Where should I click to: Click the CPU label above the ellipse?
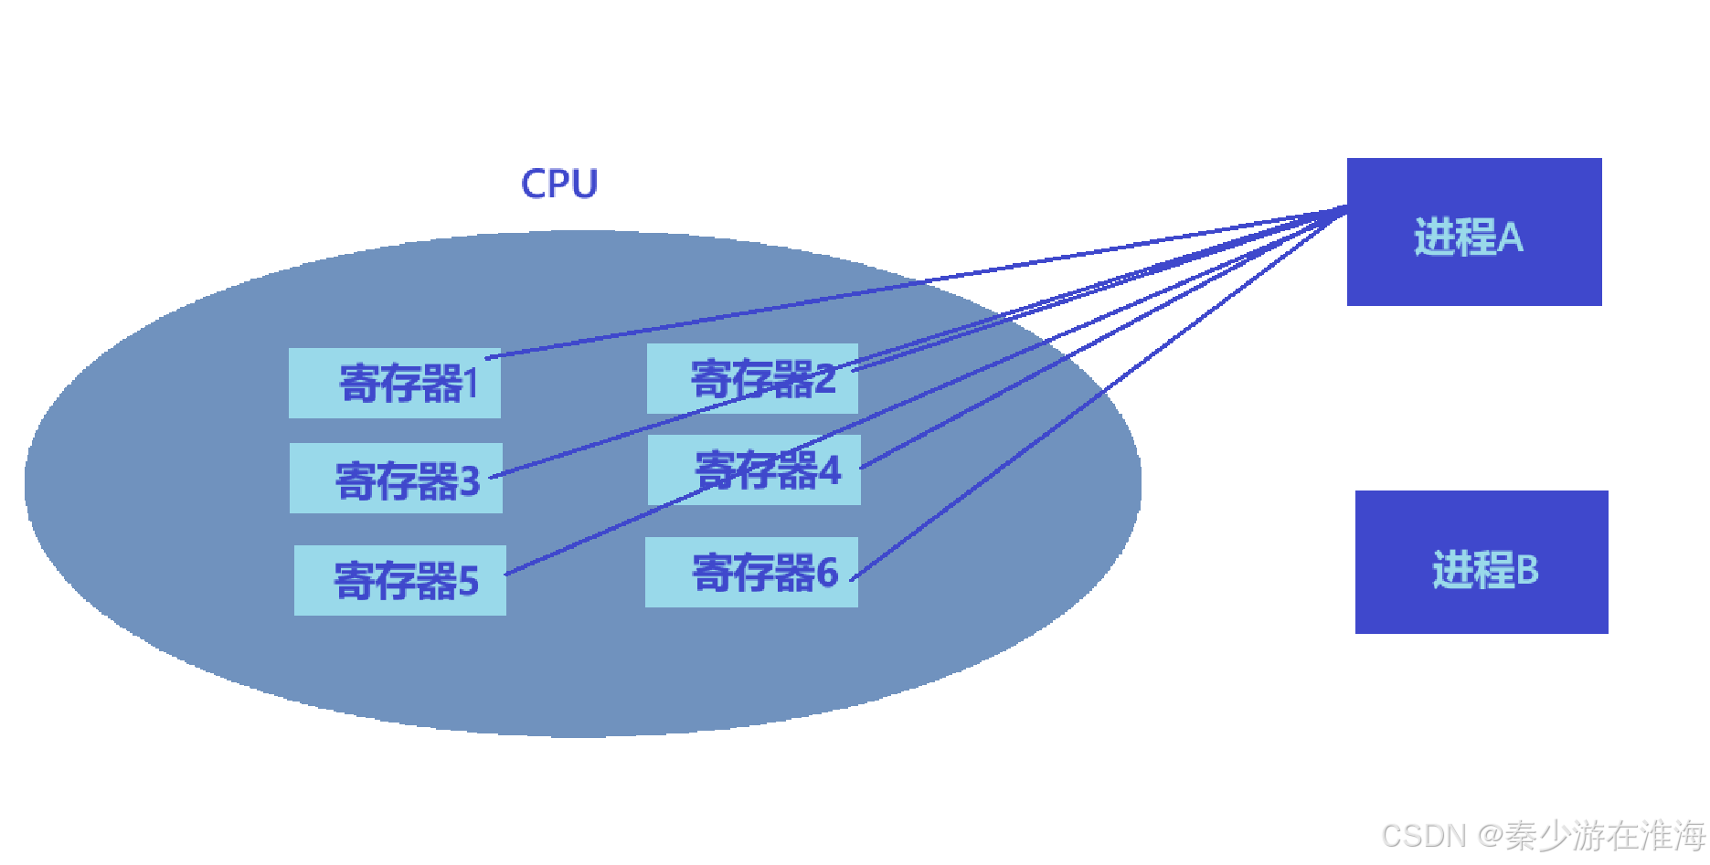point(558,184)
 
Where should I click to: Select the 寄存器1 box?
point(394,384)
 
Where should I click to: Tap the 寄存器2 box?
point(752,379)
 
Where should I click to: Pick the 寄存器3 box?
point(396,479)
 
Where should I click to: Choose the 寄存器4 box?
point(754,470)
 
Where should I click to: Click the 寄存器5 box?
point(399,581)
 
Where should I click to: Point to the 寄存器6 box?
point(751,573)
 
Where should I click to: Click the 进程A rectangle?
point(1473,232)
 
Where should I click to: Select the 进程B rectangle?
point(1481,563)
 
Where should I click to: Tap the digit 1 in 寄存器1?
point(471,384)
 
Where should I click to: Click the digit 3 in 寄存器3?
point(470,480)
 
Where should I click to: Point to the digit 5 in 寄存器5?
point(468,582)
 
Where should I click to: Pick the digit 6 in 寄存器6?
point(827,573)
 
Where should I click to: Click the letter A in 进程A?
point(1511,237)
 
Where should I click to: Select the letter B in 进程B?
point(1527,570)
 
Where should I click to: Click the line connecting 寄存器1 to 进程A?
point(914,283)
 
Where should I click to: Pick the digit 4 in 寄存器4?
point(829,470)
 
